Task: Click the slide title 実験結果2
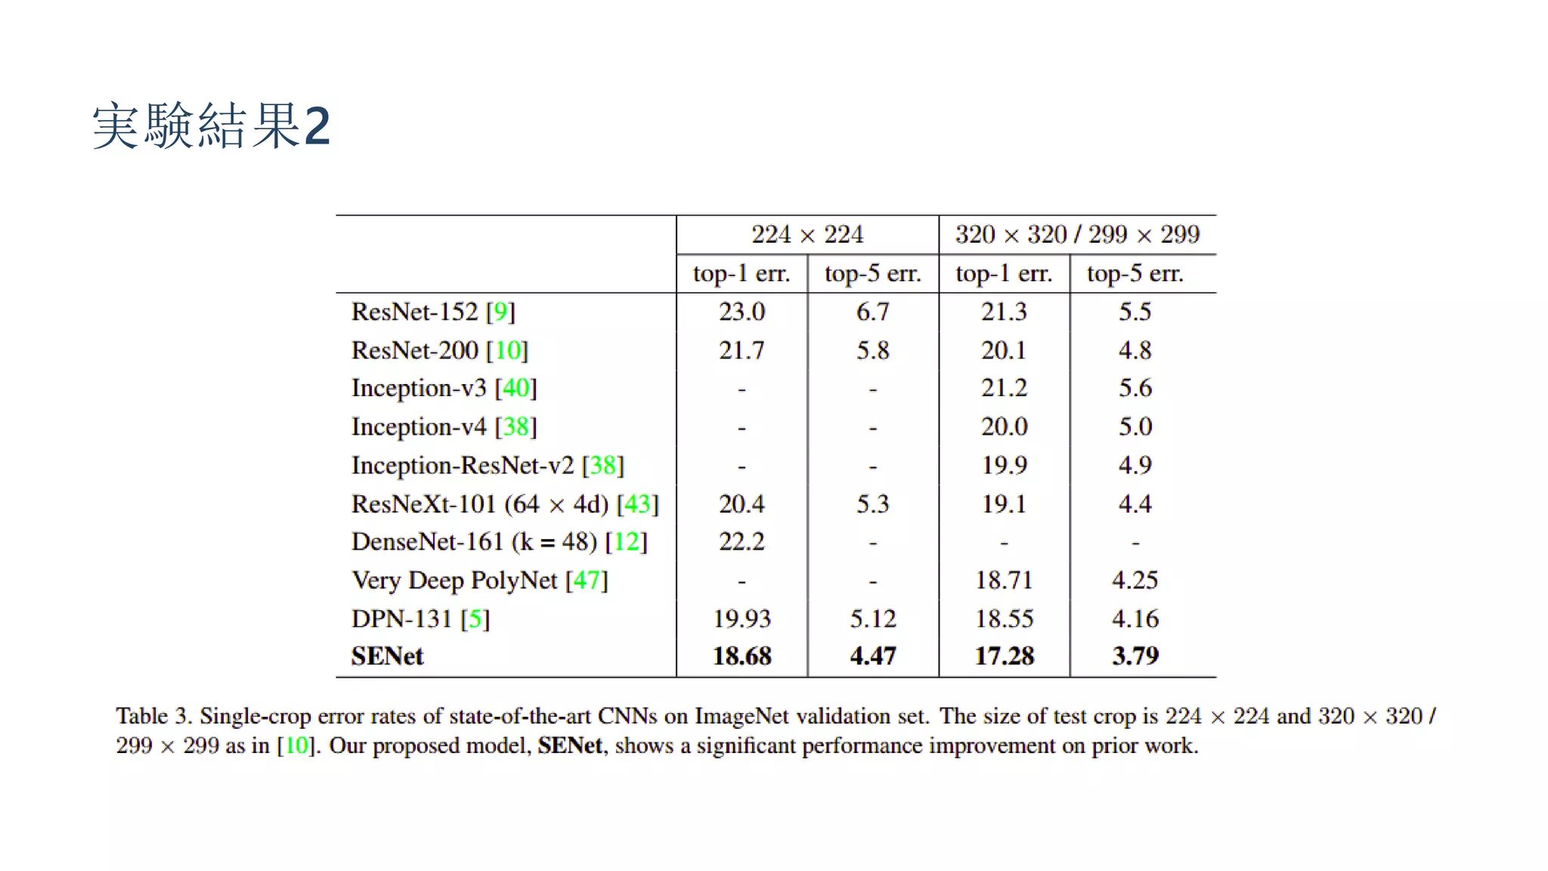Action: [x=211, y=125]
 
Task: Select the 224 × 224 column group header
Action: [x=807, y=234]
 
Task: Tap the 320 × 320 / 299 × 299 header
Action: [x=1077, y=234]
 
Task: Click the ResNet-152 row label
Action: [x=433, y=312]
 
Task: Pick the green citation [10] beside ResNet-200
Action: [x=507, y=350]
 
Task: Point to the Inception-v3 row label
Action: [x=444, y=389]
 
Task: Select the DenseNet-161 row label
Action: [x=500, y=541]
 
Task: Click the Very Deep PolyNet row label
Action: [x=480, y=581]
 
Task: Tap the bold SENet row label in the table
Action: [x=388, y=656]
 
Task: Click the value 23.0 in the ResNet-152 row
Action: [x=741, y=312]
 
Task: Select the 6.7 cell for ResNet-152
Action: [x=873, y=312]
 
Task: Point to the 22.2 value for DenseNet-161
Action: [x=741, y=541]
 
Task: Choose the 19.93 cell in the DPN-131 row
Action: [x=741, y=618]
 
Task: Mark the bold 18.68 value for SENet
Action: [x=741, y=656]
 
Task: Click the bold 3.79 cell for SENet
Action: [x=1135, y=656]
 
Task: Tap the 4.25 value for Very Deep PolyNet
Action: [x=1135, y=580]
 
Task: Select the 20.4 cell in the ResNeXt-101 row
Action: [x=741, y=504]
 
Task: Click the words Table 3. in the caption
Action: [x=153, y=716]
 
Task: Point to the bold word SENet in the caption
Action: [x=571, y=745]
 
